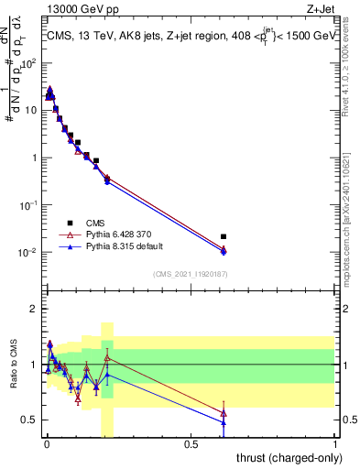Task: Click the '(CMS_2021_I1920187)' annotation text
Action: pyautogui.click(x=191, y=273)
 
